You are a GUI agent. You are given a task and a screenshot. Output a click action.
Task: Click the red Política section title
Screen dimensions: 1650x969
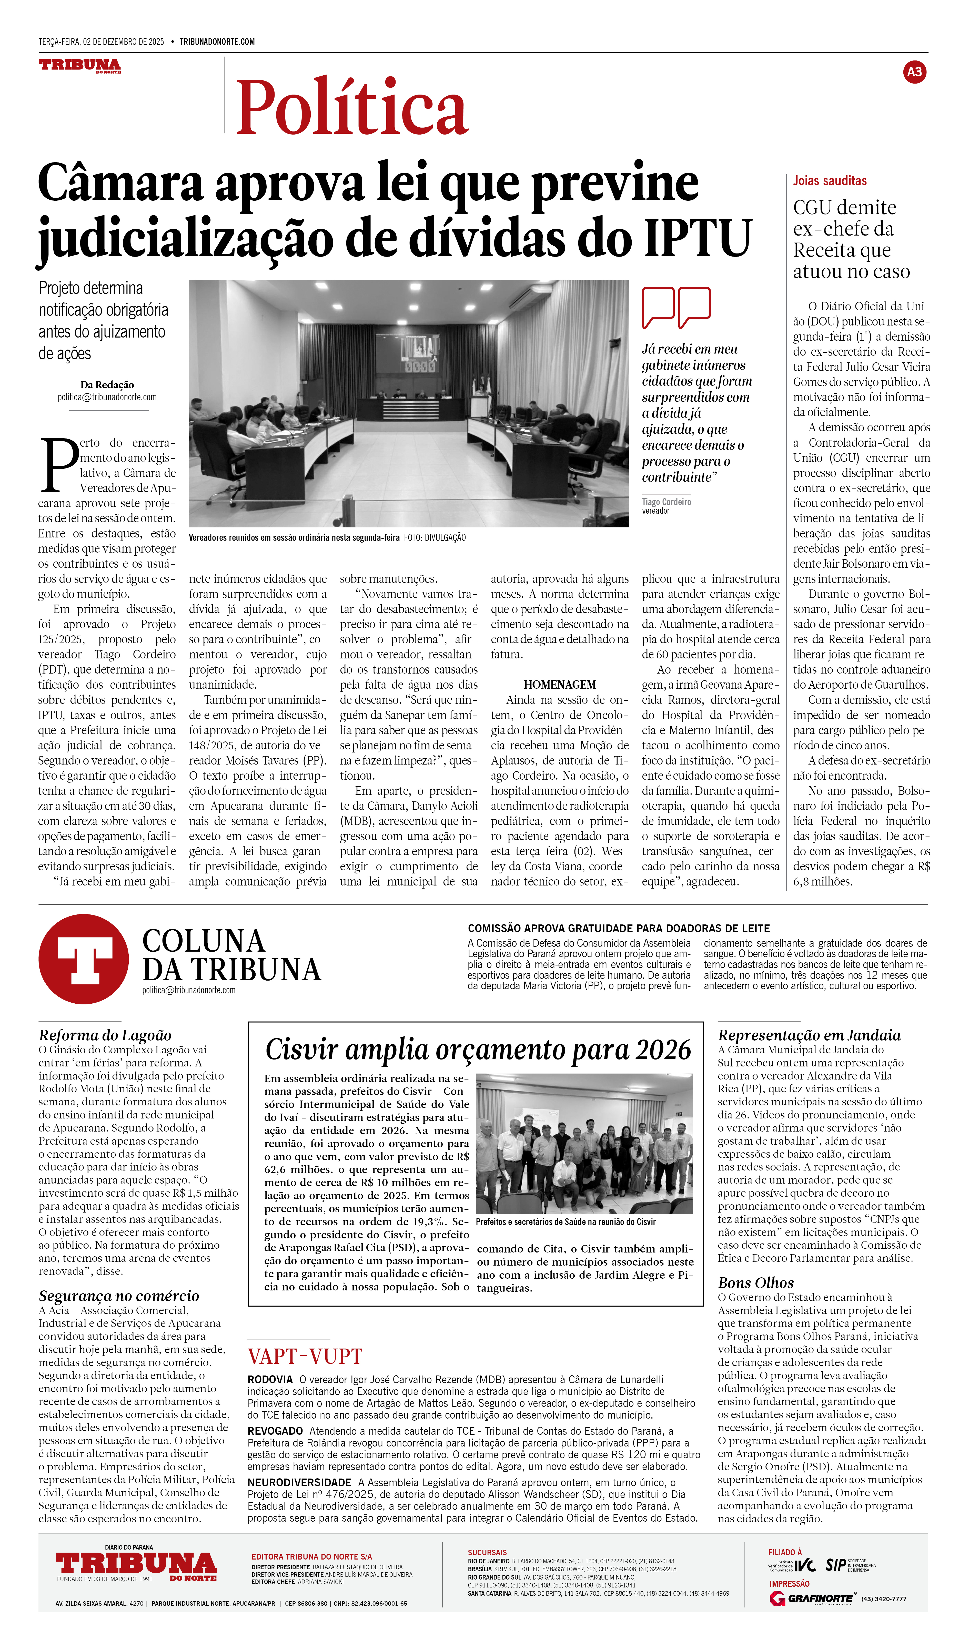352,107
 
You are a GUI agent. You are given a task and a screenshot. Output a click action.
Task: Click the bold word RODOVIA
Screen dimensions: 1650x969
270,1380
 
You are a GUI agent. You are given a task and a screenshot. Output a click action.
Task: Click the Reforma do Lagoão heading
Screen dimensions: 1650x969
105,1035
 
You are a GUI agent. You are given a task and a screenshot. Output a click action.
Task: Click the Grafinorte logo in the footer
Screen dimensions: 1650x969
812,1598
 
